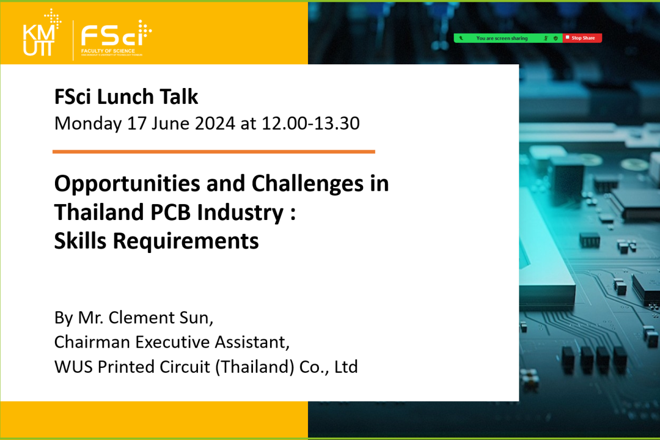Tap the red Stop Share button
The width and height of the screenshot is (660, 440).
tap(582, 38)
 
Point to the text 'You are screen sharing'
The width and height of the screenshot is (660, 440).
tap(502, 38)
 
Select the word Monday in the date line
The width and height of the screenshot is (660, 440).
tap(88, 124)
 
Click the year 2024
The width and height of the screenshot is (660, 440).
tap(215, 123)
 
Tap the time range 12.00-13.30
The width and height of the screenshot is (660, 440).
tap(311, 123)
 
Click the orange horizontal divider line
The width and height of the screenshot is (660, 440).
tap(213, 152)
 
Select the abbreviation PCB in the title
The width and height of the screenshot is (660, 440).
tap(170, 212)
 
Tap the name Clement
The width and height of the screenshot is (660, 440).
tap(142, 318)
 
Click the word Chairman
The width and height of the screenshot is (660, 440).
tap(92, 342)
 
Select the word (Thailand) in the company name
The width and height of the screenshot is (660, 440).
tap(255, 367)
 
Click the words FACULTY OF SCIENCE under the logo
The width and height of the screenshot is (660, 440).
tap(108, 51)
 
